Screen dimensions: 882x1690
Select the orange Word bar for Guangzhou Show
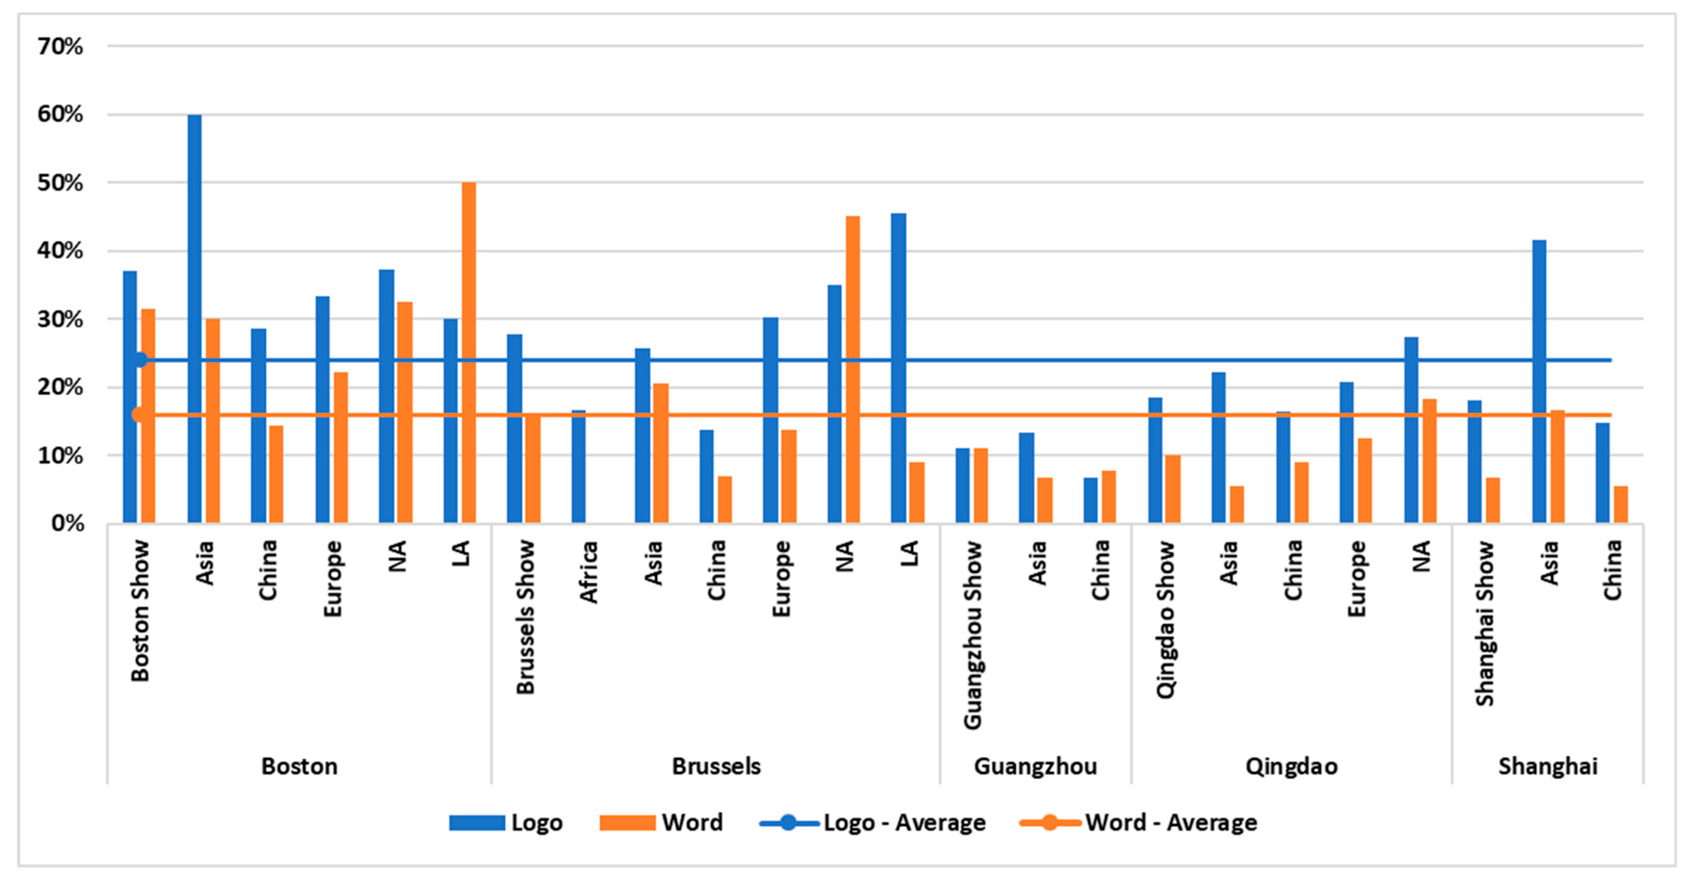[980, 485]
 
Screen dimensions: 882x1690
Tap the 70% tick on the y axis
[60, 46]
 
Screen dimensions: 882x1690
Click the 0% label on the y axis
[68, 524]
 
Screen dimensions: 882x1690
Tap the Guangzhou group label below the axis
[1035, 766]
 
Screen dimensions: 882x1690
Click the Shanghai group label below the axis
[1548, 766]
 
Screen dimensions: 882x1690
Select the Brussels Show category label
[526, 617]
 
